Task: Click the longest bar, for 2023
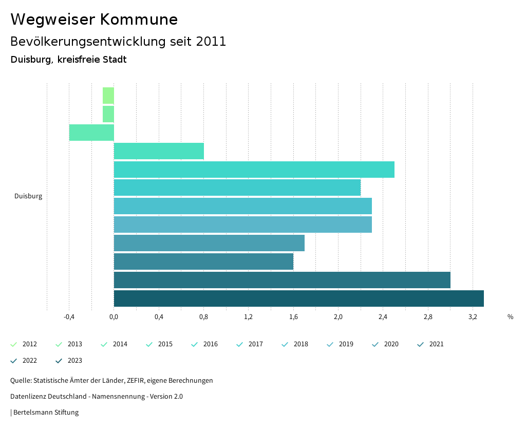pyautogui.click(x=298, y=299)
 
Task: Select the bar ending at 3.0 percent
pyautogui.click(x=282, y=280)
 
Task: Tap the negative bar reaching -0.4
pyautogui.click(x=91, y=133)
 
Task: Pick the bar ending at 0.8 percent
pyautogui.click(x=159, y=151)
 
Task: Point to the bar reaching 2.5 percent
pyautogui.click(x=254, y=170)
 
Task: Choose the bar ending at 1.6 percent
pyautogui.click(x=203, y=262)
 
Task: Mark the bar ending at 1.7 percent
pyautogui.click(x=209, y=243)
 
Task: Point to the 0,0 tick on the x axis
pyautogui.click(x=114, y=317)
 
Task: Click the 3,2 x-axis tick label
pyautogui.click(x=473, y=317)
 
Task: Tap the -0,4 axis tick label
pyautogui.click(x=69, y=317)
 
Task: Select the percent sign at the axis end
pyautogui.click(x=510, y=317)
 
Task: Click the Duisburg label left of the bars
pyautogui.click(x=28, y=196)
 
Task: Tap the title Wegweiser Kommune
pyautogui.click(x=94, y=20)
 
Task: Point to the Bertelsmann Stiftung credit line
pyautogui.click(x=45, y=413)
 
